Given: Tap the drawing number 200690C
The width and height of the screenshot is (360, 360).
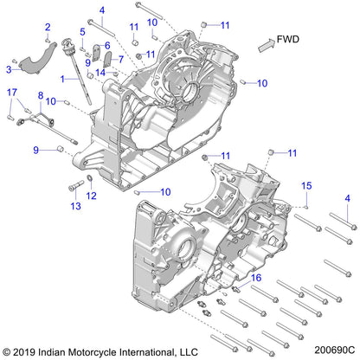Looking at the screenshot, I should click(x=331, y=351).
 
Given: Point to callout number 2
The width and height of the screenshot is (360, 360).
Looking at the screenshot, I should click(x=48, y=27).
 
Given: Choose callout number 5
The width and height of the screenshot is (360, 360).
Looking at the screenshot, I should click(x=83, y=32).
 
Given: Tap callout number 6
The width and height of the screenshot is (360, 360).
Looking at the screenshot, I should click(x=107, y=45).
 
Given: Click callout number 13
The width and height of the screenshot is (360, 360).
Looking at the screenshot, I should click(x=74, y=206).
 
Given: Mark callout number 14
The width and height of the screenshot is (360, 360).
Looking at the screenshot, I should click(x=100, y=73).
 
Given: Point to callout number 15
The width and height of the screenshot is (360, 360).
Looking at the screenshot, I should click(x=305, y=186).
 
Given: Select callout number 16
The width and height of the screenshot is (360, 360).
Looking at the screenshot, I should click(x=255, y=277).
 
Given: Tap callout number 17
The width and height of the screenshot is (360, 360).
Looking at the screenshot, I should click(x=12, y=92).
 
